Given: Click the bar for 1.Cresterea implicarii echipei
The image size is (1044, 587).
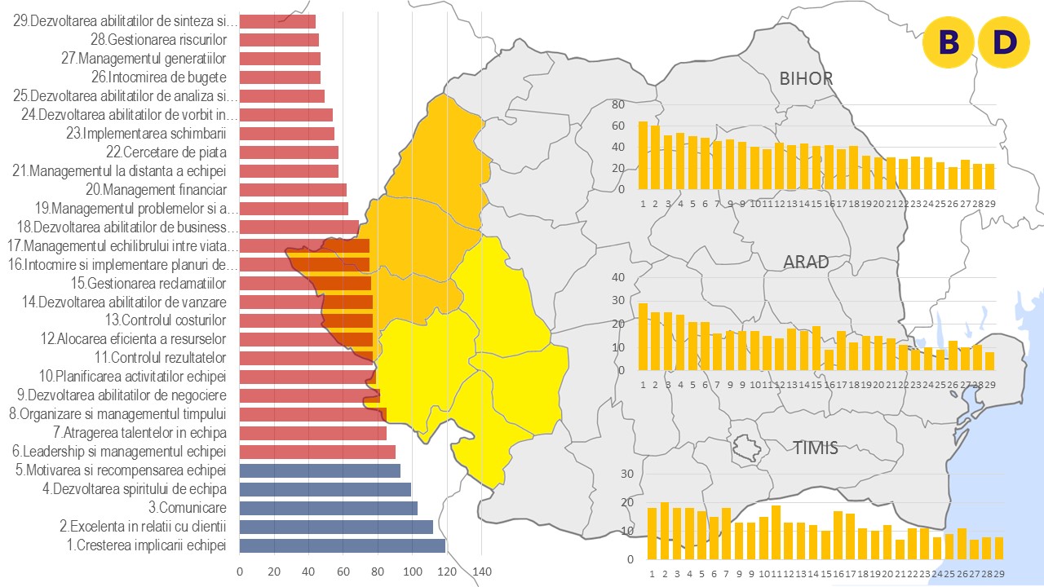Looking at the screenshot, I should (343, 545).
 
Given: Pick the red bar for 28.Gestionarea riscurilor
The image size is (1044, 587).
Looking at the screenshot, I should (279, 40).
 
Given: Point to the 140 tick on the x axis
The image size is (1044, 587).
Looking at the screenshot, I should (481, 572).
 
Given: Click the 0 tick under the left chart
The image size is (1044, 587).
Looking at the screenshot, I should (240, 572).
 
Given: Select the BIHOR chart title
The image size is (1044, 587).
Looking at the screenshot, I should (806, 79).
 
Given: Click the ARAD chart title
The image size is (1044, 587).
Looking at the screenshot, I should (806, 262).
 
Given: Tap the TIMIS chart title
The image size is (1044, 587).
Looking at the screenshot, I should (816, 447).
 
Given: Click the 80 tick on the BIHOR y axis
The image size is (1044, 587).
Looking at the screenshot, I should (618, 105).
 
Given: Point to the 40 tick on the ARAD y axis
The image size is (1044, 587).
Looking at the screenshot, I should (618, 278).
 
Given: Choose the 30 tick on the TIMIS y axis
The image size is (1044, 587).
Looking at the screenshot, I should (627, 474).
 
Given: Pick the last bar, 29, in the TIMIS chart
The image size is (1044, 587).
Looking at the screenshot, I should (999, 548).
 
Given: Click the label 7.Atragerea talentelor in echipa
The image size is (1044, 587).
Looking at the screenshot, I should (139, 433).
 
